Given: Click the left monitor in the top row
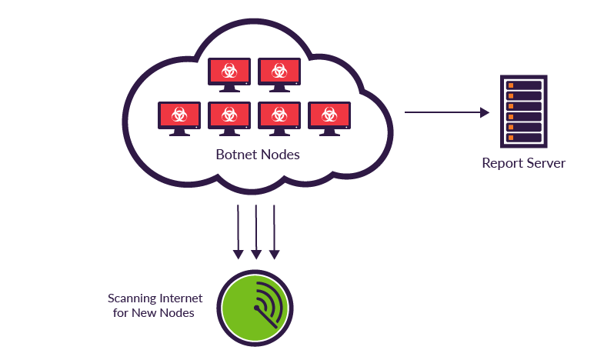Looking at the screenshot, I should click(x=229, y=72).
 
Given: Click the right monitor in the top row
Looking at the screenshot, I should click(x=279, y=72).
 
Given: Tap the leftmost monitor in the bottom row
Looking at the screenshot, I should click(x=179, y=115).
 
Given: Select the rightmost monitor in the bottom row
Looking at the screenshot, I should click(x=329, y=115).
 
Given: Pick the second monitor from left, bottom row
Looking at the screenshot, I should click(x=229, y=115).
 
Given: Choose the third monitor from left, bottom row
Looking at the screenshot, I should click(x=279, y=115).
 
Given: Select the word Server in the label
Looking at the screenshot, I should click(x=546, y=163).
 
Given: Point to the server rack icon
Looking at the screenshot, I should click(x=522, y=112).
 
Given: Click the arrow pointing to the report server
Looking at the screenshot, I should click(x=446, y=112).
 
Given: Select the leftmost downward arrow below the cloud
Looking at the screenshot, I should click(x=239, y=231).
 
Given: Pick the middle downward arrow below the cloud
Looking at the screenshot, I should click(x=256, y=231).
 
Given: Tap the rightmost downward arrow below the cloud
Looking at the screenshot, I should click(x=274, y=231).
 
